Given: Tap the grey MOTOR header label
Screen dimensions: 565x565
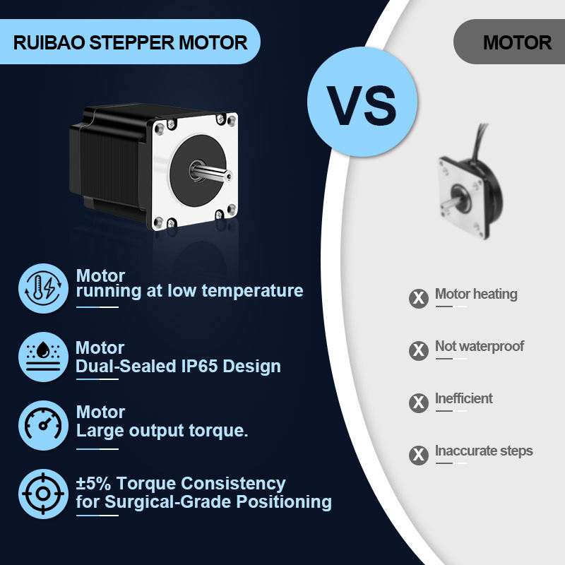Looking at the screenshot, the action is tap(517, 42).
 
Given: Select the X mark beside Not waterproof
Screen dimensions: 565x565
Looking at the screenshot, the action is tap(419, 350).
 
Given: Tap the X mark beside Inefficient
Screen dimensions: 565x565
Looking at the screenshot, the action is tap(419, 402).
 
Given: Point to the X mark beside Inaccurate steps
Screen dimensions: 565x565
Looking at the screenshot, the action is tap(419, 455).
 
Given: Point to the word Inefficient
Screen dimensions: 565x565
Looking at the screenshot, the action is tap(464, 398).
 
